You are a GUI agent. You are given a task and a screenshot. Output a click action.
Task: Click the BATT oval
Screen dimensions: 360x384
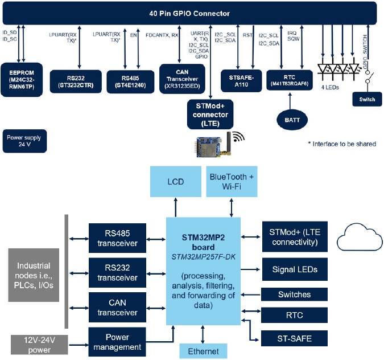[x=291, y=119]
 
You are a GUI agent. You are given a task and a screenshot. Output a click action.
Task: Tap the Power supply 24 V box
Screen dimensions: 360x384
[x=24, y=141]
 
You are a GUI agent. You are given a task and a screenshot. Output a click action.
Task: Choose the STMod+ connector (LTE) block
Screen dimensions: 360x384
[x=210, y=114]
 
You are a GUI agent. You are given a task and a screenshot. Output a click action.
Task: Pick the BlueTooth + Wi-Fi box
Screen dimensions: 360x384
[x=232, y=182]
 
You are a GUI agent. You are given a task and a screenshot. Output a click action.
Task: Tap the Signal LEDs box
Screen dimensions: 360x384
[x=295, y=269]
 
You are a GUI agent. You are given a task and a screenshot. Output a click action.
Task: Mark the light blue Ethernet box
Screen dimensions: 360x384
[x=203, y=351]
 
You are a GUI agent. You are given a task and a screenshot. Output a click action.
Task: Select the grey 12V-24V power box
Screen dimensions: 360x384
[x=40, y=344]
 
